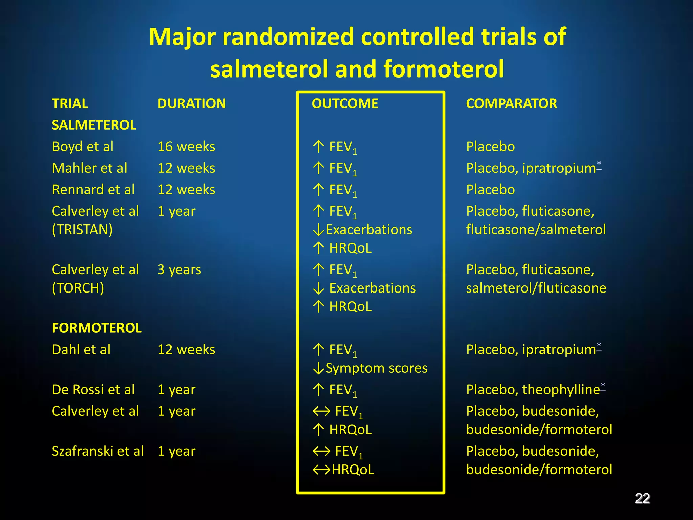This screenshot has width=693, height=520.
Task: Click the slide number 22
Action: (642, 498)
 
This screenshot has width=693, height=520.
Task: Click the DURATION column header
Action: (192, 103)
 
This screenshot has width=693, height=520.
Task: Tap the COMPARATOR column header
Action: (511, 103)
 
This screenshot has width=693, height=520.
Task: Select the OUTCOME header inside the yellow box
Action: (345, 103)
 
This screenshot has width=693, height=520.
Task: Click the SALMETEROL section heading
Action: (94, 125)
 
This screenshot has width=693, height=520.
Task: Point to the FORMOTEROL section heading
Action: (97, 328)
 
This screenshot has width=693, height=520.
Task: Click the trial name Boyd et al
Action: (83, 147)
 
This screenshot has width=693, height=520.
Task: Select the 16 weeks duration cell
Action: (186, 147)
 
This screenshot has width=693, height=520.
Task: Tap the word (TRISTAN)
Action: (82, 230)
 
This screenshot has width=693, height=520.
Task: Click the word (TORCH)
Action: (78, 288)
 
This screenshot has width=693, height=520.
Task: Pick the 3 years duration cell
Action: (179, 269)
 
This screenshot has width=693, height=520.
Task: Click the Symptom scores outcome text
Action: (376, 368)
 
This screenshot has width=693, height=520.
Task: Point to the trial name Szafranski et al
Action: (98, 451)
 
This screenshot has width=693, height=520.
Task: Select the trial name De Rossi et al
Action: (93, 389)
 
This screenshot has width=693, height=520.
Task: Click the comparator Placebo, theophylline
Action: (533, 389)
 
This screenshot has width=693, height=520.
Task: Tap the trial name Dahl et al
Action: (81, 349)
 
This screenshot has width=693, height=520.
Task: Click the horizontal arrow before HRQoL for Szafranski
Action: (321, 470)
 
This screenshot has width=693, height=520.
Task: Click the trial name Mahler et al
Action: (89, 168)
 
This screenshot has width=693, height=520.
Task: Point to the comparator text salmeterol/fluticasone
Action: (536, 288)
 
